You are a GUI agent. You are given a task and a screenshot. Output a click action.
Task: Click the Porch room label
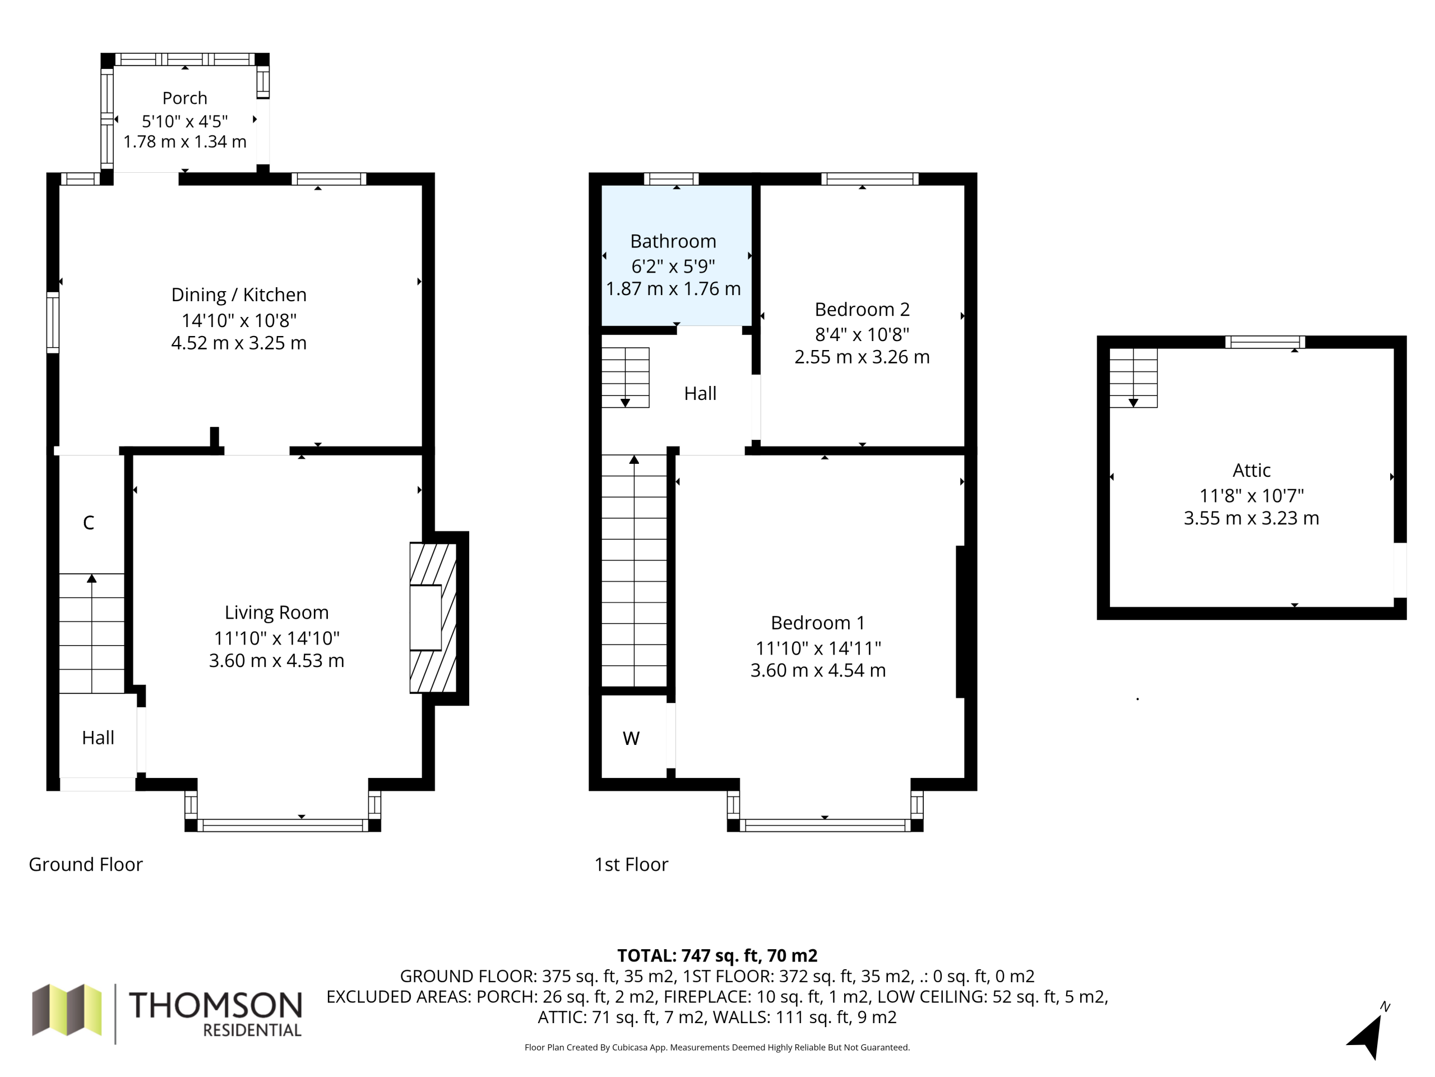[185, 98]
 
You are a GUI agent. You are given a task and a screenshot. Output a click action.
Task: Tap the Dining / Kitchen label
[239, 294]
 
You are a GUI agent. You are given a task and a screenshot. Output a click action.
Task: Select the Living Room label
[276, 612]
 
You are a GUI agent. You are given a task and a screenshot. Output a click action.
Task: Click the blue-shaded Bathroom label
[673, 242]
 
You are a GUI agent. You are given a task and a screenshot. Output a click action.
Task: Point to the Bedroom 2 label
[862, 309]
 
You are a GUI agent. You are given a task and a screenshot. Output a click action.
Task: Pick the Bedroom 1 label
[818, 623]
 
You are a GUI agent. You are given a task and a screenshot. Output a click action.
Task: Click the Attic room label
[1251, 470]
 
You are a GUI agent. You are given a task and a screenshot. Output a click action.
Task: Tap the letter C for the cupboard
[89, 523]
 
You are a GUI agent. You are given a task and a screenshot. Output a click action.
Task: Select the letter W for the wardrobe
[631, 738]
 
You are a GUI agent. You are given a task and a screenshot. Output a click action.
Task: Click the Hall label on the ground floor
[98, 738]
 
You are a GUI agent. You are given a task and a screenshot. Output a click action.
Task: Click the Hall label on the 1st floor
[701, 393]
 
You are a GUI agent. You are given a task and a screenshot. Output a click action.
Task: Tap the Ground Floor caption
[86, 864]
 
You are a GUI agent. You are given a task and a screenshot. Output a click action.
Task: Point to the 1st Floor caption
[631, 864]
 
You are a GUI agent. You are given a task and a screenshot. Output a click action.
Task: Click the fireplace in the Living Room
[433, 618]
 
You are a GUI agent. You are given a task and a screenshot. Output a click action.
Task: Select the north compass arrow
[1368, 1034]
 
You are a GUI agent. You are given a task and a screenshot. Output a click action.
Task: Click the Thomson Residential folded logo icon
[67, 1010]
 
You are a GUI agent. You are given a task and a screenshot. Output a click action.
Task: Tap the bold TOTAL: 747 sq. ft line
[717, 956]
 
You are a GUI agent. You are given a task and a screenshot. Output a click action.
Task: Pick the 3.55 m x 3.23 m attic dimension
[1251, 518]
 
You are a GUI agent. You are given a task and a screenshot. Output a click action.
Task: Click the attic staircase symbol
[1133, 378]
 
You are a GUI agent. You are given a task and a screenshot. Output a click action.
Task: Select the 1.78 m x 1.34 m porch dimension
[185, 141]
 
